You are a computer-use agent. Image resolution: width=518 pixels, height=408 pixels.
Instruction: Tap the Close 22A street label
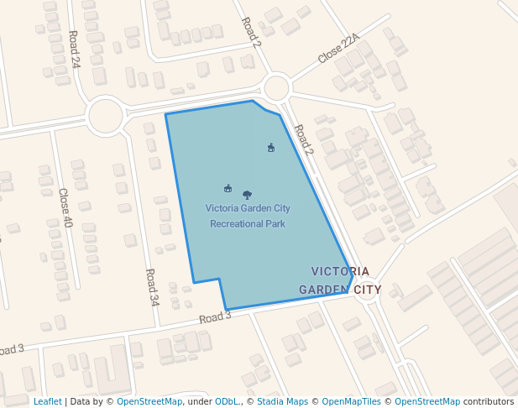(x=338, y=49)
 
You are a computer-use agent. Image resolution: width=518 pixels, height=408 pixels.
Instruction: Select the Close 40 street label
(x=65, y=207)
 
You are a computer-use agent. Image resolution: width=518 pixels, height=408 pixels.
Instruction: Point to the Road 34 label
(x=152, y=286)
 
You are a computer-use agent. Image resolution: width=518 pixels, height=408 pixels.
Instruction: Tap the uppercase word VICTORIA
(x=340, y=271)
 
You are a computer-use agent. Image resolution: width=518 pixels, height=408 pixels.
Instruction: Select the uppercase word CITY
(x=367, y=290)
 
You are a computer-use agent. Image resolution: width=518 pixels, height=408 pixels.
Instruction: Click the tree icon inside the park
(x=247, y=195)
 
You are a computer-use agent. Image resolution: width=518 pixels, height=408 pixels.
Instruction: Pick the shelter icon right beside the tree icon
(x=228, y=188)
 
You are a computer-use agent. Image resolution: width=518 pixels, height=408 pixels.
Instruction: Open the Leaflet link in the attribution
(x=47, y=401)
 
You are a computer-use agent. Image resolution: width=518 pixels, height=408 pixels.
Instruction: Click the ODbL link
(x=227, y=401)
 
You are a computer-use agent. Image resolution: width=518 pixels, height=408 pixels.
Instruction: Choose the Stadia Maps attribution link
(x=282, y=401)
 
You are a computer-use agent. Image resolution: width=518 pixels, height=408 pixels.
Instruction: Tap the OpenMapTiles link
(x=351, y=401)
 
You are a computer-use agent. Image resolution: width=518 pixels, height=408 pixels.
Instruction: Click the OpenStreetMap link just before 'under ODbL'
(x=149, y=401)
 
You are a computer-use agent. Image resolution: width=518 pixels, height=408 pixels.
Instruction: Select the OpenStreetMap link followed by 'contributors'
(x=427, y=401)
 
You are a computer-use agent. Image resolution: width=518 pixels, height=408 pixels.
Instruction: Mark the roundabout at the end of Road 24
(x=106, y=116)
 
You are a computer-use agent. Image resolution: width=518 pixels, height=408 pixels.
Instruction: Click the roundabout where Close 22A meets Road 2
(x=276, y=86)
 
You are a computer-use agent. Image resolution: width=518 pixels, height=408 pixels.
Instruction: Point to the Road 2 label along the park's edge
(x=303, y=139)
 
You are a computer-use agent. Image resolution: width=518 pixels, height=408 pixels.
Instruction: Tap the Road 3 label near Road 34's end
(x=215, y=316)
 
